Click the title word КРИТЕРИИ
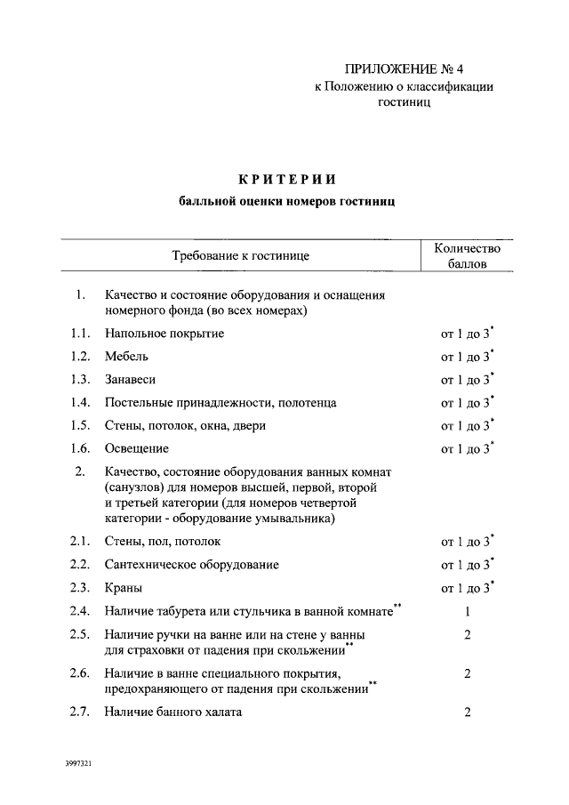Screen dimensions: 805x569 [x=287, y=180]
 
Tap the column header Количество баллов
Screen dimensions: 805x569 [x=467, y=256]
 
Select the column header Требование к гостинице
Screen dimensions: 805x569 [x=240, y=256]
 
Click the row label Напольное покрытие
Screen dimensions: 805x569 [x=164, y=334]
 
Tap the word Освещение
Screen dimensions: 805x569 [x=136, y=448]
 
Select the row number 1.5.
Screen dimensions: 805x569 [x=80, y=426]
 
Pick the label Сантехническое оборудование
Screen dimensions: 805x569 [x=191, y=565]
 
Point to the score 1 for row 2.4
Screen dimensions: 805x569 [x=467, y=611]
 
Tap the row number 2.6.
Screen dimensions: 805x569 [x=80, y=673]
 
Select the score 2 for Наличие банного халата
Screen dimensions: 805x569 [x=467, y=712]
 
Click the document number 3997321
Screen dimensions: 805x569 [x=81, y=763]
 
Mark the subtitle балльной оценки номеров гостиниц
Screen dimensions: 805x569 [x=287, y=202]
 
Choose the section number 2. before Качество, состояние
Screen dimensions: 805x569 [x=80, y=470]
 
